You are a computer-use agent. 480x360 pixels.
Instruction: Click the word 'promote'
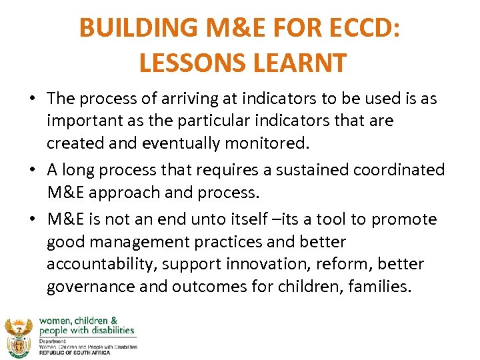[x=404, y=219]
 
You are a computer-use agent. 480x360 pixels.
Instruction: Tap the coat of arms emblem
[x=19, y=337]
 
